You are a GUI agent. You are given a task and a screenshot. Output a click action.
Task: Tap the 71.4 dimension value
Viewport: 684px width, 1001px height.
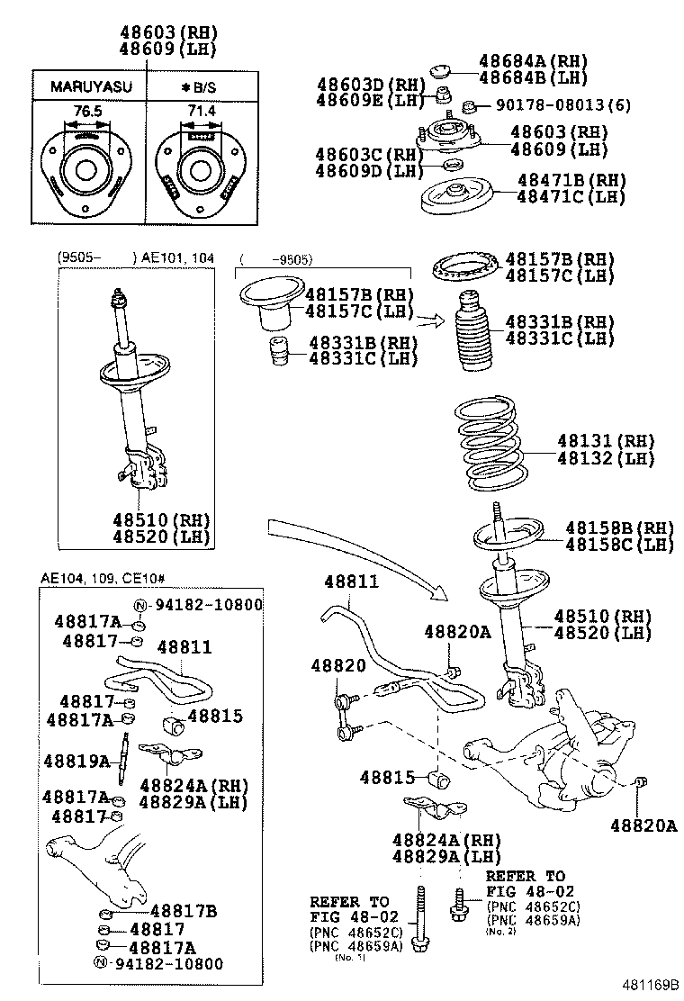pos(200,109)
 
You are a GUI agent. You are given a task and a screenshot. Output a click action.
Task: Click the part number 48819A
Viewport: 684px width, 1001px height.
pos(76,762)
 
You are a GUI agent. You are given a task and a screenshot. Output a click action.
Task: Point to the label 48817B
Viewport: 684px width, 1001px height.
pos(184,910)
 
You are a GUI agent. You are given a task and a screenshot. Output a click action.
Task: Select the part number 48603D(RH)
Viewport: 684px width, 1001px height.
pos(370,85)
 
